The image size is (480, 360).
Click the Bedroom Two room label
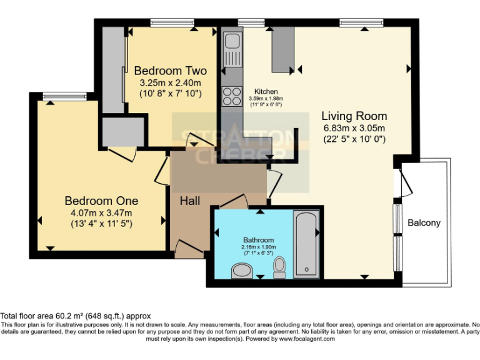170,71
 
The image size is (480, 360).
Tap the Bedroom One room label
101,201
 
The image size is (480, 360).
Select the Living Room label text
354,116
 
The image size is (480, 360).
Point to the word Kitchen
266,92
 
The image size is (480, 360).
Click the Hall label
190,201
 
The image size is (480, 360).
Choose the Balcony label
424,222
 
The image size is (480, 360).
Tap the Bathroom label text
258,240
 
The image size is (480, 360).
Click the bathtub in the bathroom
306,244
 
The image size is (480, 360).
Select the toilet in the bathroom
279,267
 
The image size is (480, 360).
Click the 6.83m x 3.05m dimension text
354,128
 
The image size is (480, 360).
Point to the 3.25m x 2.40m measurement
170,82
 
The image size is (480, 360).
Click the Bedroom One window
56,95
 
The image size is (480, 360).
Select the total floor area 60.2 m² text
76,316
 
